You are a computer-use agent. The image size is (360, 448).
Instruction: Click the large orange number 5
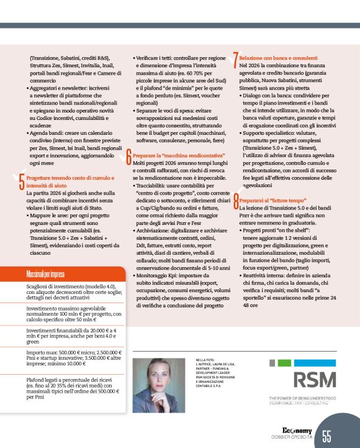pyautogui.click(x=22, y=181)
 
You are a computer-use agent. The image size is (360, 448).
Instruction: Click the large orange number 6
pyautogui.click(x=128, y=156)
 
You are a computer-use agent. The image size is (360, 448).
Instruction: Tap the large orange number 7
pyautogui.click(x=235, y=58)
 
